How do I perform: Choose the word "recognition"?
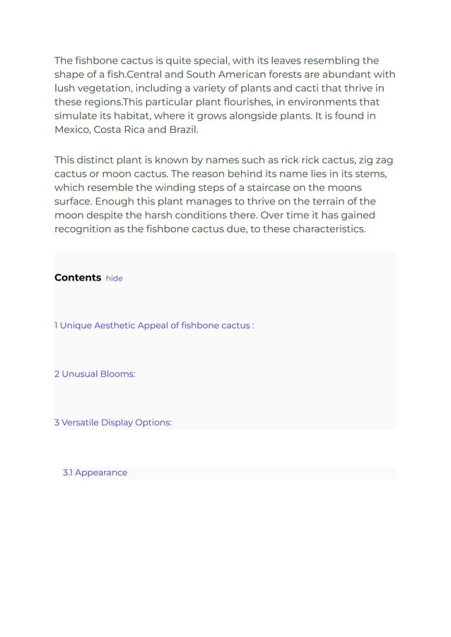click(86, 230)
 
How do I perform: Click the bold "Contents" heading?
click(78, 278)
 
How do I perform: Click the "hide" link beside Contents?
click(114, 279)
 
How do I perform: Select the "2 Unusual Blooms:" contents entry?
click(95, 374)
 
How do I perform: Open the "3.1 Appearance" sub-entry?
click(95, 472)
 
